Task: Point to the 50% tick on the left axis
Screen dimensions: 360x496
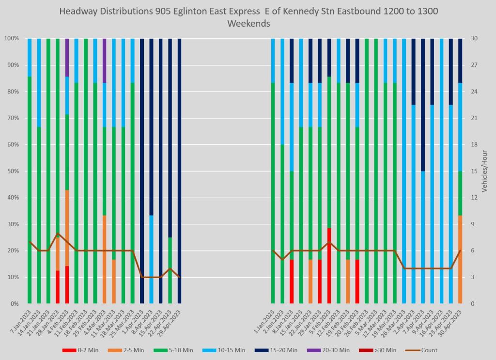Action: (12, 171)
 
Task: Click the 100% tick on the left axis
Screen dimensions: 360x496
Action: (11, 38)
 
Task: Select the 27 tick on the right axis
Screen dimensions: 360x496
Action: (473, 65)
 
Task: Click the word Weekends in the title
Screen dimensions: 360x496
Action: (248, 23)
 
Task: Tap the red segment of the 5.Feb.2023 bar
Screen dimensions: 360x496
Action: (329, 266)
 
